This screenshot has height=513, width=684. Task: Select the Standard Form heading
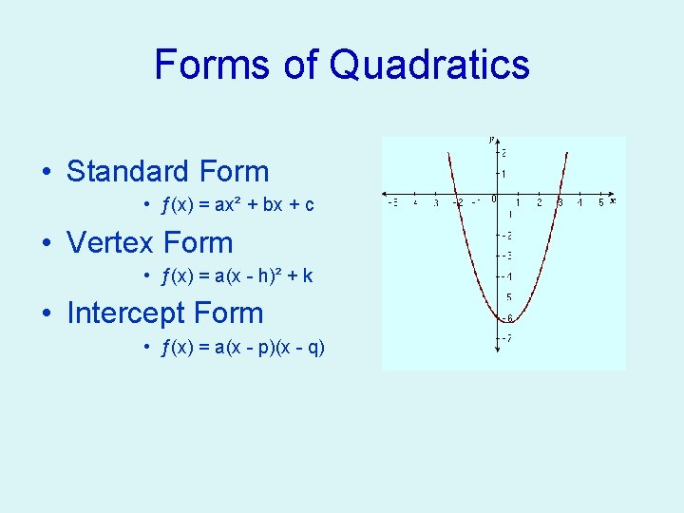(x=167, y=172)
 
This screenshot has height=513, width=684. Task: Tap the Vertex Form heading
(x=149, y=242)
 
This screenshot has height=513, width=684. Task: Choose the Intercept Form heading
(x=164, y=313)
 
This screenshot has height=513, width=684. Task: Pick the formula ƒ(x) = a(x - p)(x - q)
(x=242, y=347)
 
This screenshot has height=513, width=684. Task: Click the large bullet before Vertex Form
(x=47, y=243)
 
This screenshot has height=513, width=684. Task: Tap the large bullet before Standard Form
(x=47, y=173)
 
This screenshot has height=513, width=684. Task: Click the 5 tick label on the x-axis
(x=600, y=202)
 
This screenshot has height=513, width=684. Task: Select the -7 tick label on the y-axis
(x=508, y=339)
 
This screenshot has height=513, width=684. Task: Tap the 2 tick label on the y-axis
(x=503, y=153)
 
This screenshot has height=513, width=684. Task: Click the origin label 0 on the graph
(x=493, y=199)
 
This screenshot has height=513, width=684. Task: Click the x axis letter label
(x=614, y=200)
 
